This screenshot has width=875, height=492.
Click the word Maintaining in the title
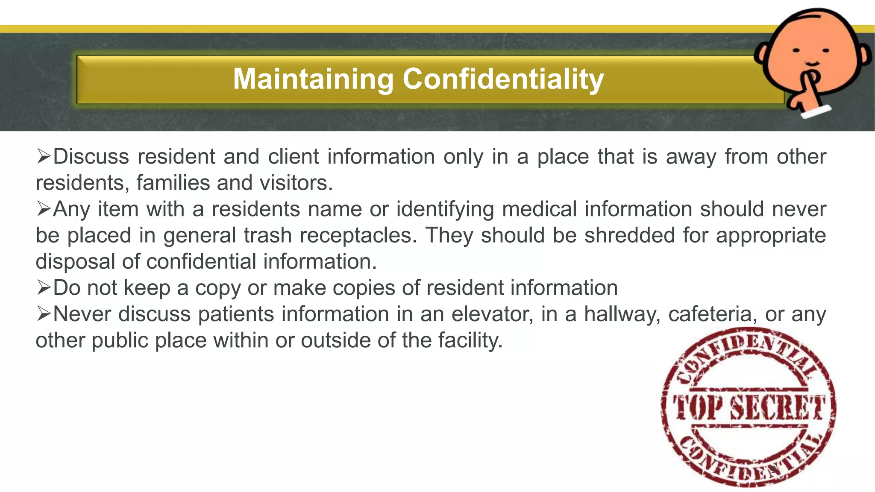pos(313,79)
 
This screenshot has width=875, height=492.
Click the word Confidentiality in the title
pos(503,79)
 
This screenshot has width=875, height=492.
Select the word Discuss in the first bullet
pos(91,156)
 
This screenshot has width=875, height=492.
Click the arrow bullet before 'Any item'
pos(44,209)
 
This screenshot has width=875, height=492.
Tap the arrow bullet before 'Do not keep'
pos(44,287)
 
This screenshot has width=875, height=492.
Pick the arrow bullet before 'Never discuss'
pos(44,314)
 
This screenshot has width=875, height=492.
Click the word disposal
pos(75,262)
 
